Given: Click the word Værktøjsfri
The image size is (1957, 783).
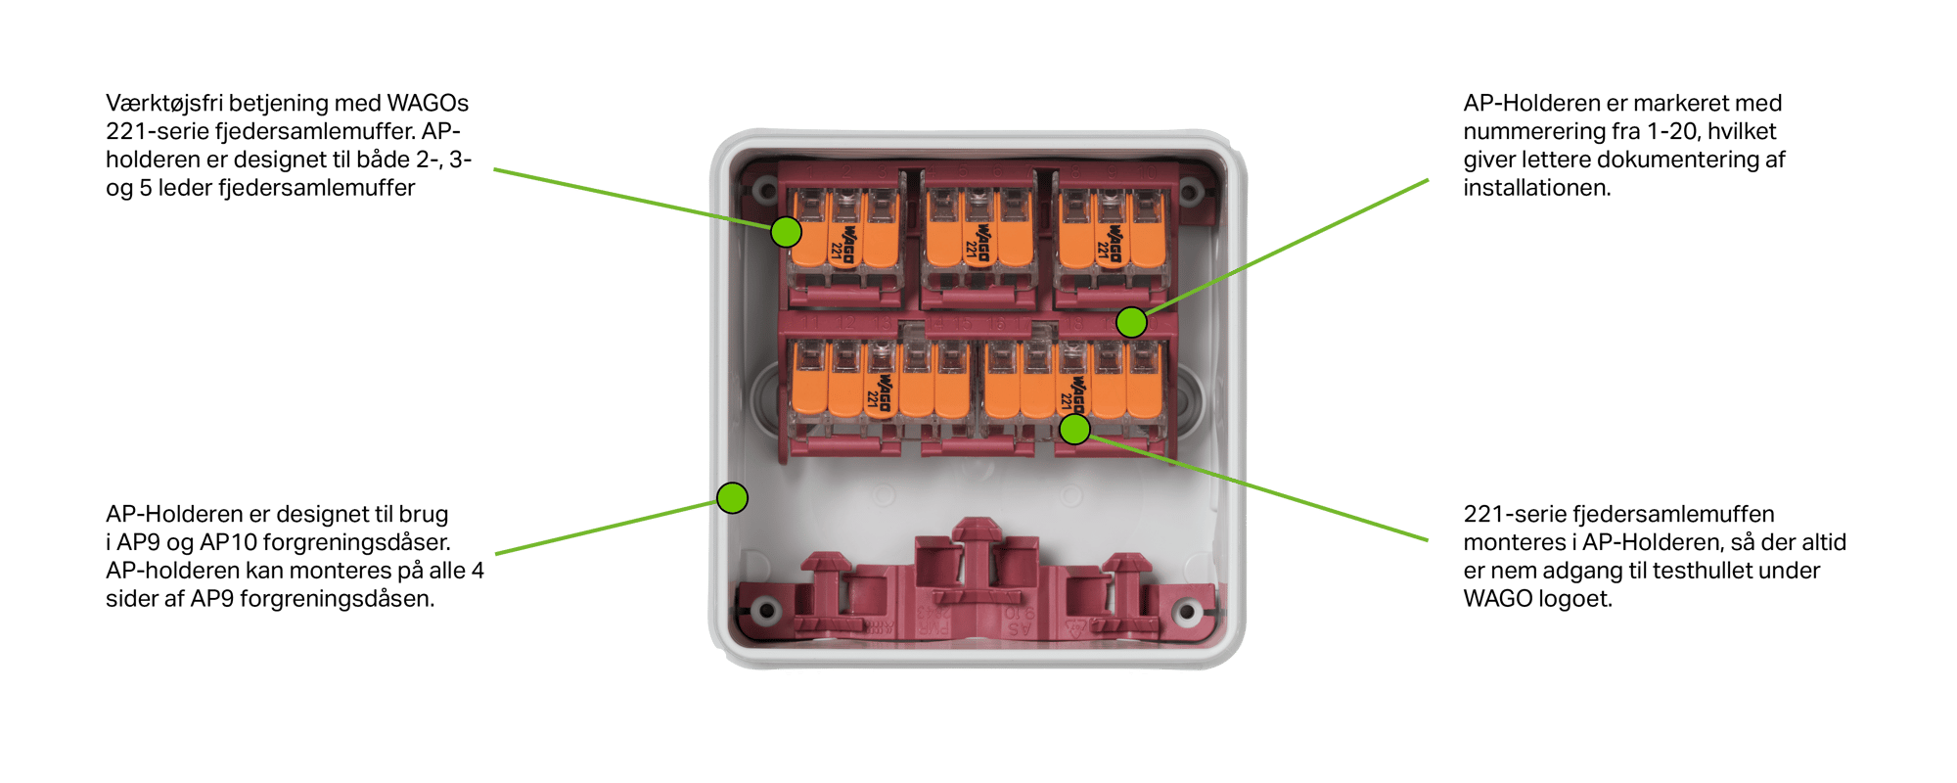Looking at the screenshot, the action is [164, 104].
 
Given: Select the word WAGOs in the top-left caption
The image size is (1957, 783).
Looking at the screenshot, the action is [428, 103].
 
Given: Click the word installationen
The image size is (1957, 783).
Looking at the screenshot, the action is [1536, 188].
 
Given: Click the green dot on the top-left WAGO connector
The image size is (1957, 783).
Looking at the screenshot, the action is [786, 232].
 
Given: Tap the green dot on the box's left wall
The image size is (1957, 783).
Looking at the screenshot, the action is [732, 498].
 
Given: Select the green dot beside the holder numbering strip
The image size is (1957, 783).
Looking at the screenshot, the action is [1131, 321].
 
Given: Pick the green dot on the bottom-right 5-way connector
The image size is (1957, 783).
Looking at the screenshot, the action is [1074, 429].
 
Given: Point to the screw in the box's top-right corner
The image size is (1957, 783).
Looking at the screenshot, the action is [1190, 191].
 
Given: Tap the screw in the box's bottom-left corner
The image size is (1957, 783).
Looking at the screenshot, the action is [766, 613].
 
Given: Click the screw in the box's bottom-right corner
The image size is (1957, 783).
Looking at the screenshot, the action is [1187, 613].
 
